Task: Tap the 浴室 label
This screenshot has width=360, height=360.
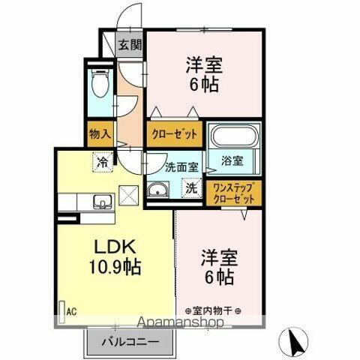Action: tap(231, 160)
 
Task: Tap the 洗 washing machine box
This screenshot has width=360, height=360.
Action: tap(191, 188)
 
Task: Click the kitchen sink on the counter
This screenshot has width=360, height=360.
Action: tap(100, 200)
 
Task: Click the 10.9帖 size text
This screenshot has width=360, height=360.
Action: tap(117, 267)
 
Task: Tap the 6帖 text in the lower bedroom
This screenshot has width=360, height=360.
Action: tap(217, 277)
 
